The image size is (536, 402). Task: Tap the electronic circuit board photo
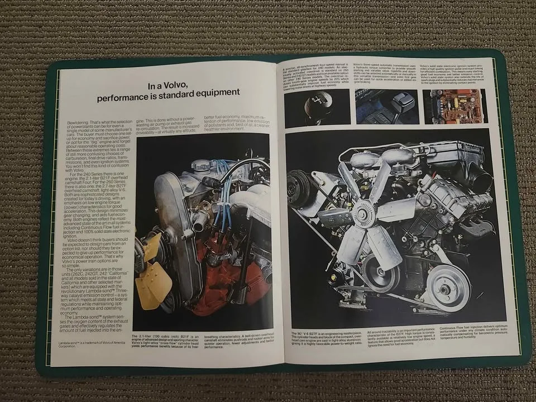[x=454, y=106]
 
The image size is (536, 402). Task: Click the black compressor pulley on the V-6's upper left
[x=301, y=187]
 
